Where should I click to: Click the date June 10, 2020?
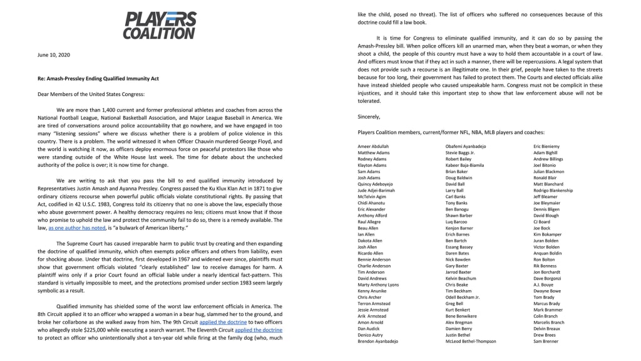[54, 55]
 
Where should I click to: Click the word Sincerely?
[369, 117]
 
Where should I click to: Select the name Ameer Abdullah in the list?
[373, 146]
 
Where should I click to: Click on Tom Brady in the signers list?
[544, 297]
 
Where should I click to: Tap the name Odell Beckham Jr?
[463, 297]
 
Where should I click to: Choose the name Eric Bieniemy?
[546, 146]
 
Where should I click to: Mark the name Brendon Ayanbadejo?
[380, 341]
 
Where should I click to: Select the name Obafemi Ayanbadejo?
[466, 146]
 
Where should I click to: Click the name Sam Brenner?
[546, 341]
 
